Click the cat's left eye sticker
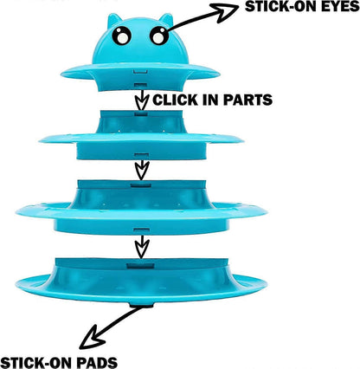point(122,36)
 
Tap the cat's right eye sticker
point(159,36)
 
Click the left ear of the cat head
point(113,20)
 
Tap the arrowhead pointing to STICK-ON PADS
point(93,338)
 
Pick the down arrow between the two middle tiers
point(142,170)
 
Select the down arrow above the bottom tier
point(142,247)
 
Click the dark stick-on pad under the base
point(141,305)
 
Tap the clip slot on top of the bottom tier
point(140,266)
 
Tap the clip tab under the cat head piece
point(141,85)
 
